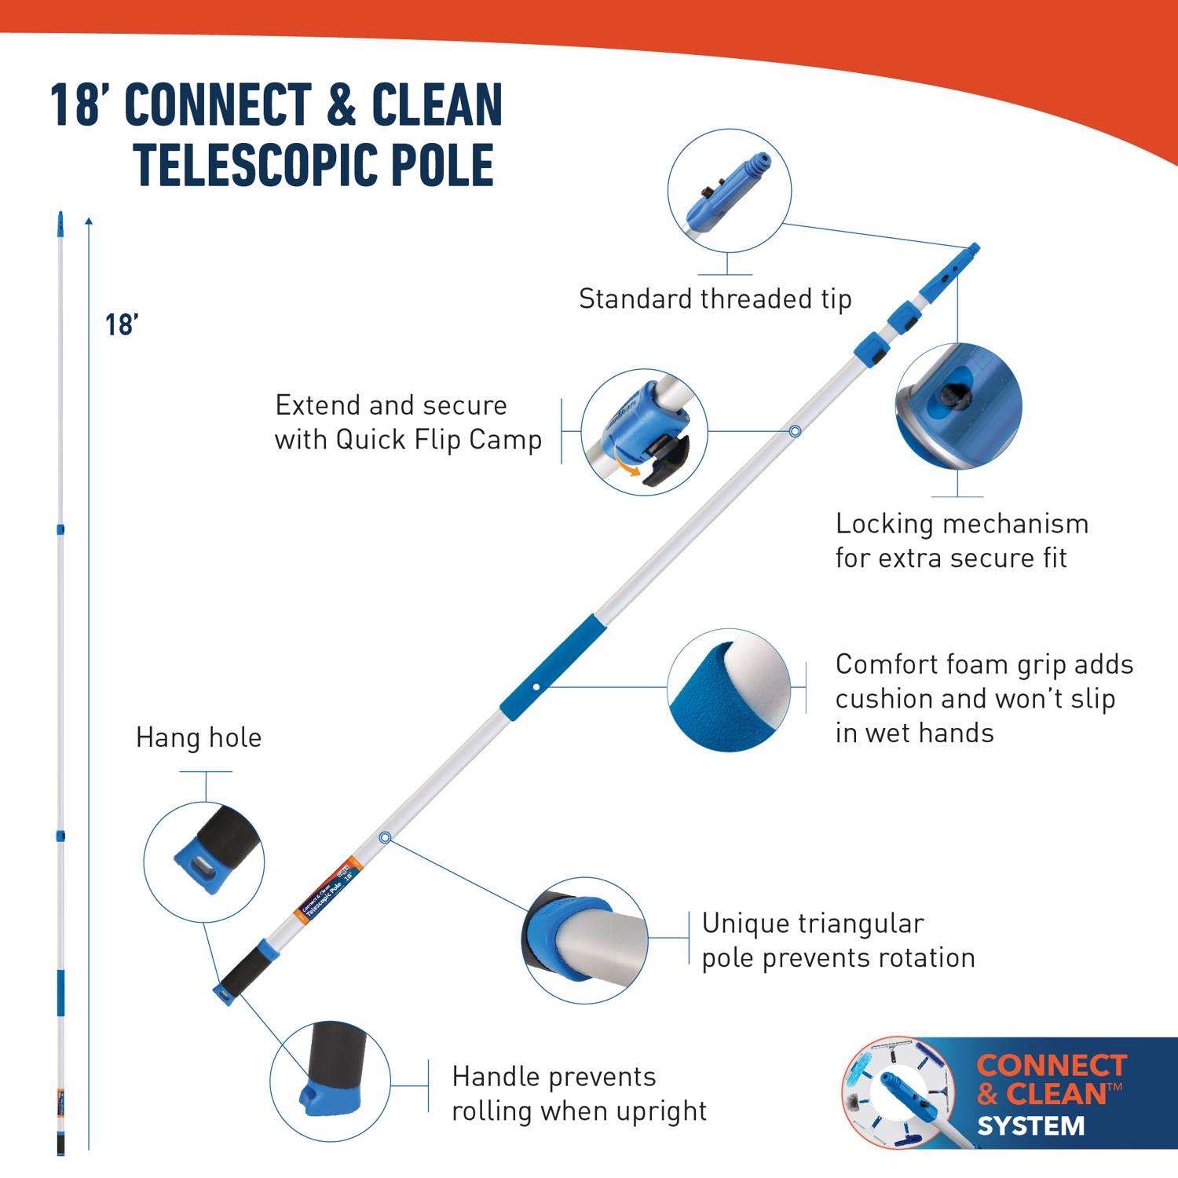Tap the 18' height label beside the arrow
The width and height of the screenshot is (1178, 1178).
123,324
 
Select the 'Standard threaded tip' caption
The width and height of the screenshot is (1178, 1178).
715,299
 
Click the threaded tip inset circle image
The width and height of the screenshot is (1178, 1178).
729,192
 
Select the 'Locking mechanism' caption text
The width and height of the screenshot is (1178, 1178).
961,524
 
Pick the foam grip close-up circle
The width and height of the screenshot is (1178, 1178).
729,689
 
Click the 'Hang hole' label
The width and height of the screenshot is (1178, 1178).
199,738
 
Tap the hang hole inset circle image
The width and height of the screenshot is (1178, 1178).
204,862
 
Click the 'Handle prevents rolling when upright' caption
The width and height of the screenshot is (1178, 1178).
579,1094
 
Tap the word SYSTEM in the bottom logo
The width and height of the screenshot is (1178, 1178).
1030,1126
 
